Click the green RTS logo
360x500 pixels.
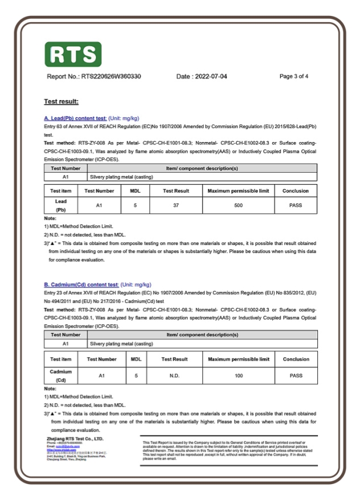pyautogui.click(x=73, y=54)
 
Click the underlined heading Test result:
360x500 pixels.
pyautogui.click(x=61, y=102)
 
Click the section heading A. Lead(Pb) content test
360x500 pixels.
pyautogui.click(x=75, y=118)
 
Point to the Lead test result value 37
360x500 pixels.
pyautogui.click(x=176, y=205)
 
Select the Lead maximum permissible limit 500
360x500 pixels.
pyautogui.click(x=238, y=205)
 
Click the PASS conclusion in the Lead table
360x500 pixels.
pyautogui.click(x=295, y=205)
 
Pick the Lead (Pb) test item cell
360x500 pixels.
pyautogui.click(x=61, y=205)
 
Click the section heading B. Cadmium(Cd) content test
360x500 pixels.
pyautogui.click(x=81, y=284)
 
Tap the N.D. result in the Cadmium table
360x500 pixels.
pyautogui.click(x=175, y=375)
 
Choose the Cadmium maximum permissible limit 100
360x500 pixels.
pyautogui.click(x=238, y=375)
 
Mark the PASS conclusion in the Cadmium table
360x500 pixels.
pyautogui.click(x=296, y=375)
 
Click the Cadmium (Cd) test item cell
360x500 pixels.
pyautogui.click(x=61, y=375)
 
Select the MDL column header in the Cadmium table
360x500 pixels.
pyautogui.click(x=136, y=359)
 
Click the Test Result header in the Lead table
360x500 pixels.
pyautogui.click(x=176, y=191)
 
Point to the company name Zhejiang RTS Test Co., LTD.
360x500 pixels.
pyautogui.click(x=75, y=439)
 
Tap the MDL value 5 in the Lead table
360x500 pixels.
pyautogui.click(x=135, y=205)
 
